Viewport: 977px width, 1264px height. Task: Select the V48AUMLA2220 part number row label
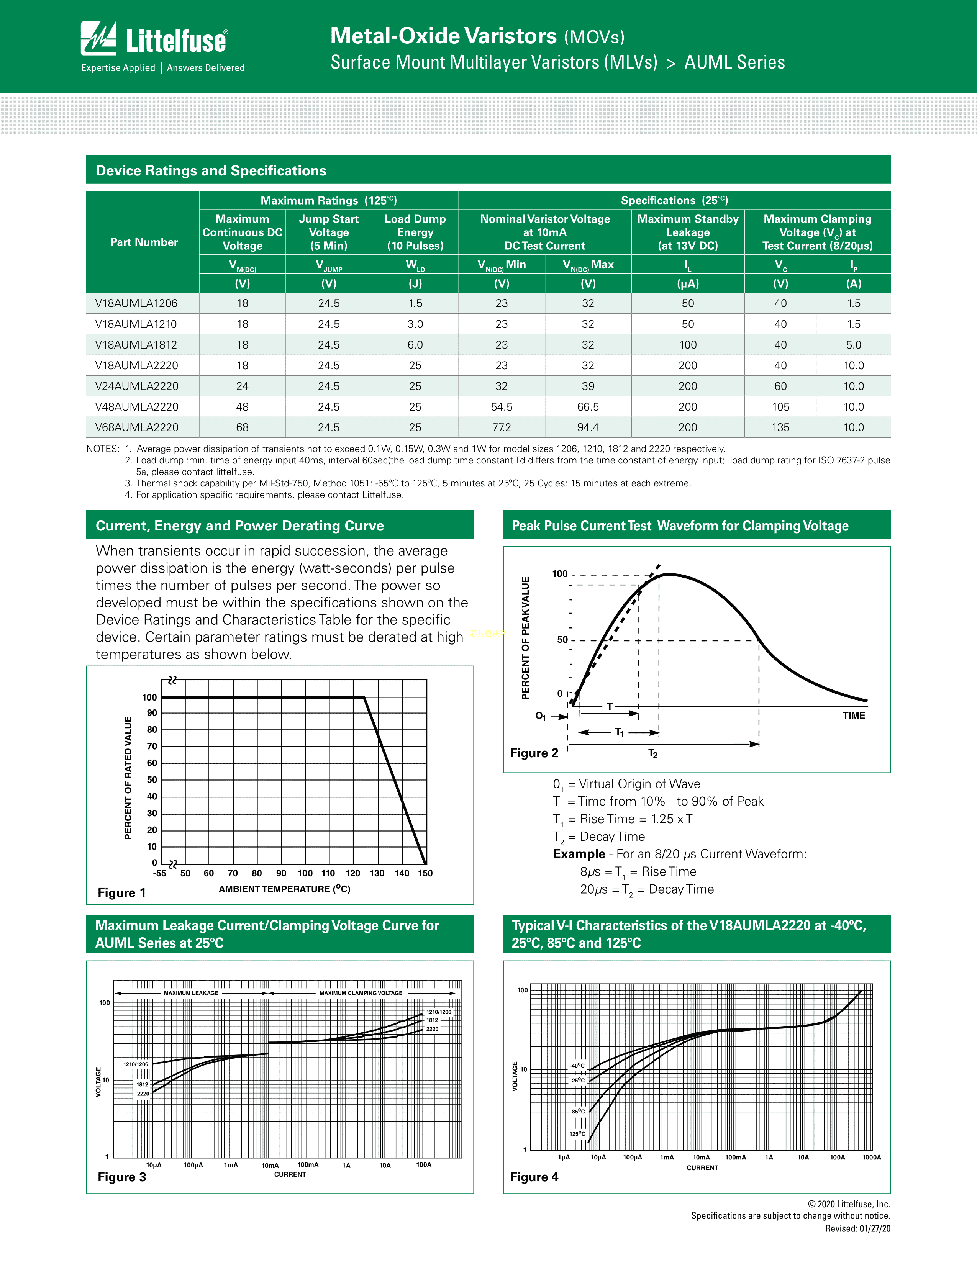click(x=137, y=407)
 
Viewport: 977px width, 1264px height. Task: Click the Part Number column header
click(x=144, y=242)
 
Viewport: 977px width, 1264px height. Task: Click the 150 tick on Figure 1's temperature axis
click(x=425, y=873)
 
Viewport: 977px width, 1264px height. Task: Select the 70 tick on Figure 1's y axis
click(x=152, y=747)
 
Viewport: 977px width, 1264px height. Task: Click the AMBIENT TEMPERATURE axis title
click(x=284, y=889)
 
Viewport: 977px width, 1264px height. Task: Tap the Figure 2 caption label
click(x=534, y=753)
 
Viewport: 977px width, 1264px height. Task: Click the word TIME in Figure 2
click(x=853, y=716)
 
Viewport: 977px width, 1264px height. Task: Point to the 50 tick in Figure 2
click(x=562, y=640)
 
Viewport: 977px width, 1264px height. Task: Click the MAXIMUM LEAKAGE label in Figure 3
click(x=191, y=993)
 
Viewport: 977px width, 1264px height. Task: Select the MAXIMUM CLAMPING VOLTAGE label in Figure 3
click(x=361, y=993)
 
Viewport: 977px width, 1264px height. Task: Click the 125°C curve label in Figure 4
click(x=577, y=1134)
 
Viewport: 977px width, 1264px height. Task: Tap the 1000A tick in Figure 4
click(x=871, y=1158)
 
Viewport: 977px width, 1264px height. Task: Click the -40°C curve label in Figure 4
click(x=577, y=1066)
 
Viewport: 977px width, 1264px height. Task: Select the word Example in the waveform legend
click(x=579, y=854)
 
